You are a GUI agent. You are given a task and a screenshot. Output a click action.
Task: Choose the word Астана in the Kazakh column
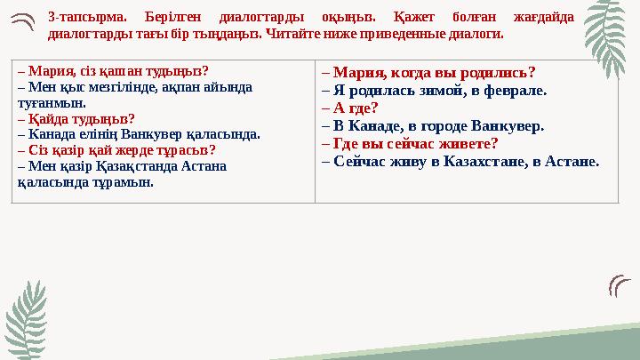point(207,165)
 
